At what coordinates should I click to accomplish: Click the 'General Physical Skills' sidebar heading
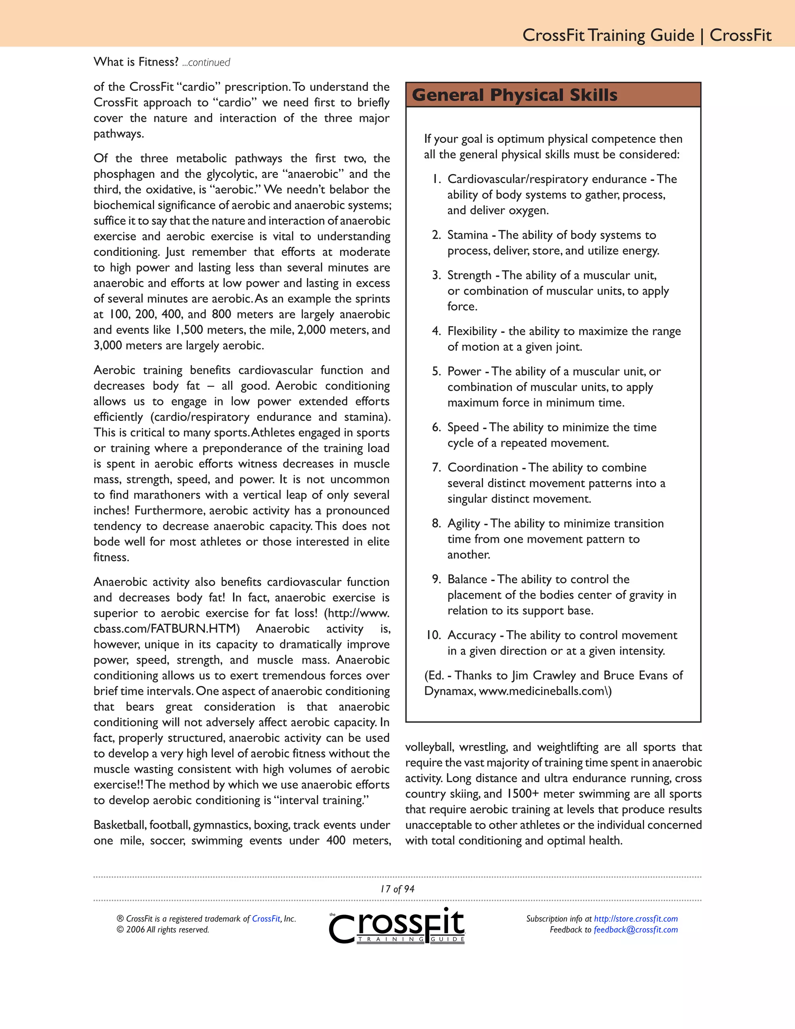coord(514,95)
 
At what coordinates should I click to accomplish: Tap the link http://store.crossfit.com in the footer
coord(636,918)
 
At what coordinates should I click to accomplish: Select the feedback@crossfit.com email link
coord(636,930)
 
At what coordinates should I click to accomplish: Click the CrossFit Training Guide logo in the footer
coord(397,925)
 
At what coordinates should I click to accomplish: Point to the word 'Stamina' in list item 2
coord(467,235)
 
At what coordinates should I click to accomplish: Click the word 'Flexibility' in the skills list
coord(472,331)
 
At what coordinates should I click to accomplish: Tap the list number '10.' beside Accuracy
coord(433,635)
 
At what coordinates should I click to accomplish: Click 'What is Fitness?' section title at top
coord(135,62)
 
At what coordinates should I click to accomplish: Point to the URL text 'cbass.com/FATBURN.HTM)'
coord(167,629)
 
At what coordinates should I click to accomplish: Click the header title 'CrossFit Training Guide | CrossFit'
coord(647,35)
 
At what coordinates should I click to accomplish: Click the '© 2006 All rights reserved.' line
coord(163,930)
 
